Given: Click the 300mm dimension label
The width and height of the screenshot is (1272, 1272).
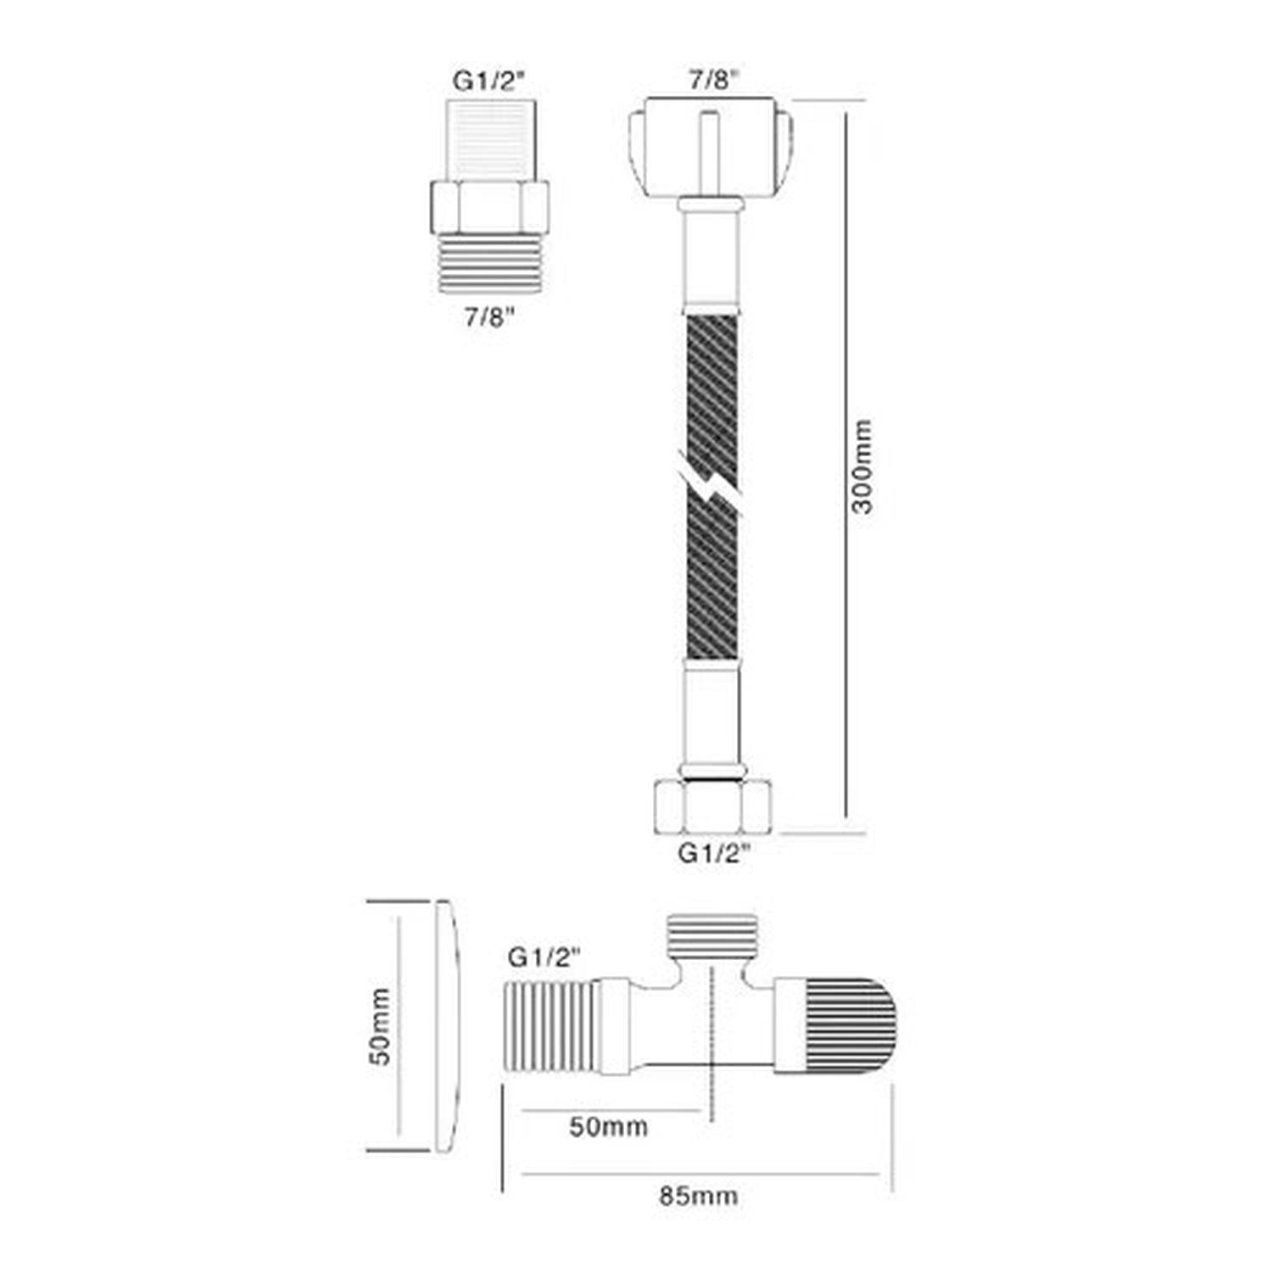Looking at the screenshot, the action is coord(862,466).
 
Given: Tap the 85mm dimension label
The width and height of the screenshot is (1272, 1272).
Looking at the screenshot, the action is coord(698,1197).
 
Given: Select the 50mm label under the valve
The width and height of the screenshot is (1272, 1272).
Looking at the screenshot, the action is coord(608,1127).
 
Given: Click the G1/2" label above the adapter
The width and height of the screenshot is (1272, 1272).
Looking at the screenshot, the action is coord(489,81).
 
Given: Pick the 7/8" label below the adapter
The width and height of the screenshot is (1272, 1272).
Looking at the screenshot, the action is coord(489,318).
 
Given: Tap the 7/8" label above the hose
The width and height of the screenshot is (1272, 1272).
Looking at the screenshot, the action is coord(713,81).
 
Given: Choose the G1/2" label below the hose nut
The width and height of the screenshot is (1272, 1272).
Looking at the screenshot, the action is coord(715,853).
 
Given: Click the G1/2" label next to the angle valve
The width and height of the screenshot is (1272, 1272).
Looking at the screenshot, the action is coord(544,957).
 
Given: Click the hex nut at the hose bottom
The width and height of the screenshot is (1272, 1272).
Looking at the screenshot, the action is coord(714,808).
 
